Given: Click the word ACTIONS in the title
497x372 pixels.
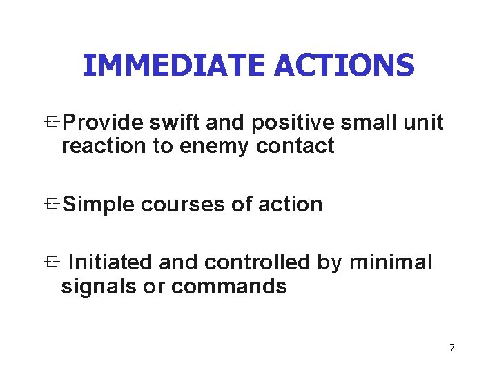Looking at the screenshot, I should pyautogui.click(x=344, y=65).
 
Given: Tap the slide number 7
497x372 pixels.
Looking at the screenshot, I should pyautogui.click(x=452, y=348).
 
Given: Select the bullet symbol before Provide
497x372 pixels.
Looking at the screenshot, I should pyautogui.click(x=55, y=123).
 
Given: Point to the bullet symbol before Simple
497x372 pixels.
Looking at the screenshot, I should pyautogui.click(x=55, y=204).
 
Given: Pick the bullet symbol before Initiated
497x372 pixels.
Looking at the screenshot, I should pyautogui.click(x=55, y=262).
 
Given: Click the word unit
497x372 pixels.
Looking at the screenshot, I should pyautogui.click(x=422, y=123).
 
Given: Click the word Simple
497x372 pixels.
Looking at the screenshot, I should pyautogui.click(x=98, y=205).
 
